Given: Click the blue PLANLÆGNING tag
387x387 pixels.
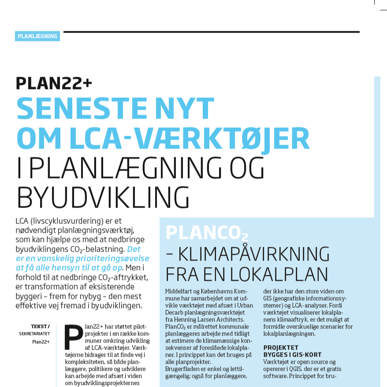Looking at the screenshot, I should click(x=37, y=36).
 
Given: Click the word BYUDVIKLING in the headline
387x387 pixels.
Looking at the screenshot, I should click(x=103, y=197).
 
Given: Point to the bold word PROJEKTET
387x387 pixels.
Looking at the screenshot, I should click(x=281, y=348).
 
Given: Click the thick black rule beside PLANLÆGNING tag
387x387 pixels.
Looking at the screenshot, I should click(x=212, y=32).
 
